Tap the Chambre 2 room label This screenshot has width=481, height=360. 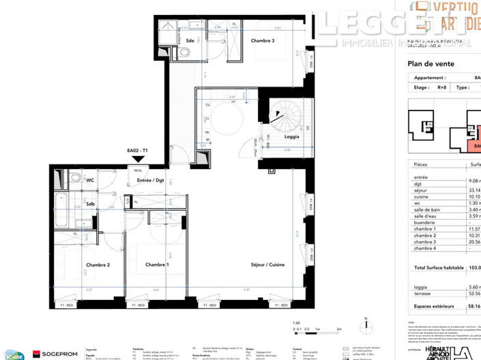[99, 265]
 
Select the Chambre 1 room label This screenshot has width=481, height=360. [158, 265]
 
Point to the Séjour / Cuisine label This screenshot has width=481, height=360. [268, 265]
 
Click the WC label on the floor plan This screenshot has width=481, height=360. [90, 181]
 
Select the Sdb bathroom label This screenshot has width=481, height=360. [90, 204]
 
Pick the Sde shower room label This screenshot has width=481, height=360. [190, 41]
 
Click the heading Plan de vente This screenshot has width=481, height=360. [431, 64]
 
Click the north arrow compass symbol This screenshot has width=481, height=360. [366, 325]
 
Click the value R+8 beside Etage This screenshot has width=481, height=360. [441, 87]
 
